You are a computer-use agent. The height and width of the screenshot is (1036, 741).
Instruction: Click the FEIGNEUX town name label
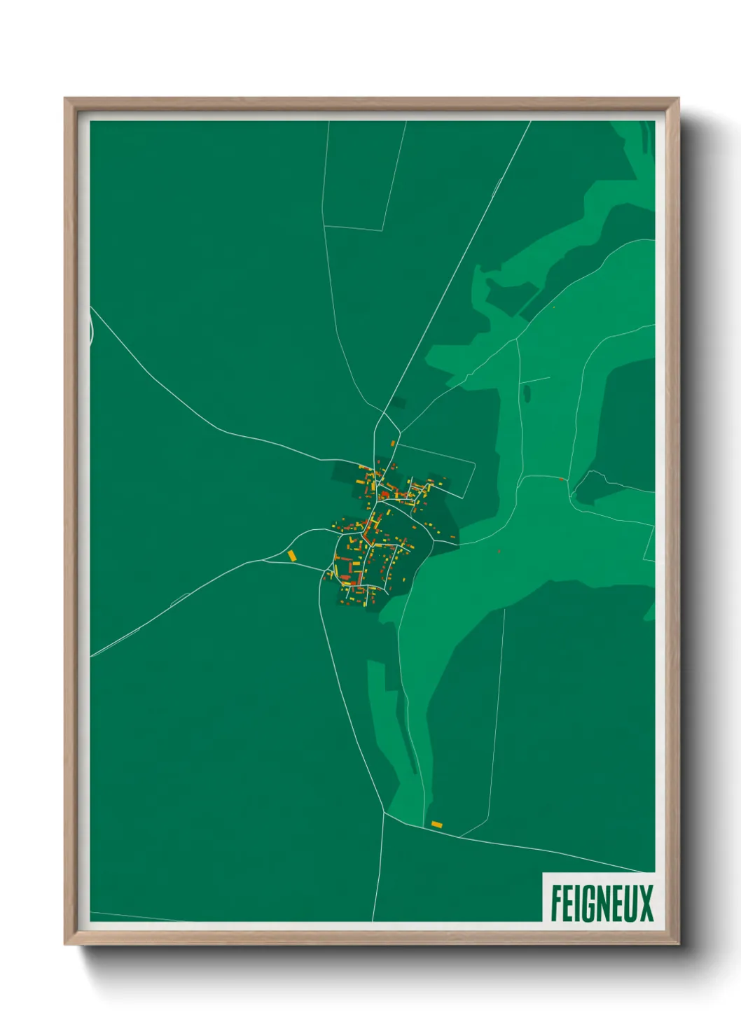coord(601,903)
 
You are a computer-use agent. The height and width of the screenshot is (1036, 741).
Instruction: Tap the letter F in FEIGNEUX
coord(556,903)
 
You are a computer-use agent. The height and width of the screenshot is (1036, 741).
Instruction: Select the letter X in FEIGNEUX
coord(645,903)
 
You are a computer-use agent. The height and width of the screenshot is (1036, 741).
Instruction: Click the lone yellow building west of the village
coord(292,555)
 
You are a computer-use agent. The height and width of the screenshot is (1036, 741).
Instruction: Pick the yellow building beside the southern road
coord(436,825)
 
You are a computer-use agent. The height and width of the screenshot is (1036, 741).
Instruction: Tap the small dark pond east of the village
coord(525,394)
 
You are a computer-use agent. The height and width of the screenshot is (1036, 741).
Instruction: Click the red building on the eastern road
coord(562,479)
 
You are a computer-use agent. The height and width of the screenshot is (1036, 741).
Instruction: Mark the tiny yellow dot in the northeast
coord(554,307)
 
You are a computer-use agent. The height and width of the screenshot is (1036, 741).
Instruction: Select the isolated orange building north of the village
coord(393,443)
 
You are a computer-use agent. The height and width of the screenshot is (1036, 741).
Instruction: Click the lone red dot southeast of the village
coord(499,552)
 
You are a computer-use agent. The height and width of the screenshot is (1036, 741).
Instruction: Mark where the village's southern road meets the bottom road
coord(384,813)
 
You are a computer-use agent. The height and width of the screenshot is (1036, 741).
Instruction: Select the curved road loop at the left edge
coord(92,328)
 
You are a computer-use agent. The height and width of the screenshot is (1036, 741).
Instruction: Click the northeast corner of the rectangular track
coord(475,463)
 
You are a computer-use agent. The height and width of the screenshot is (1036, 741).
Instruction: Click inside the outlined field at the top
coord(357,175)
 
